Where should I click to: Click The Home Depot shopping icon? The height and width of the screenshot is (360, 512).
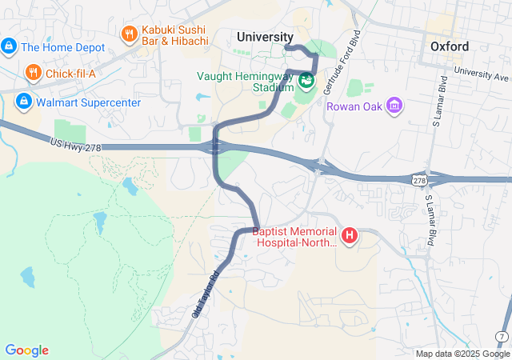9,46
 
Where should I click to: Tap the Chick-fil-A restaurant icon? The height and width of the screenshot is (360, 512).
33,74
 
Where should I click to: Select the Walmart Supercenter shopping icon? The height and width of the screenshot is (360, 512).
23,102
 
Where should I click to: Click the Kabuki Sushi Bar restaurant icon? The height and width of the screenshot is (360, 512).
129,34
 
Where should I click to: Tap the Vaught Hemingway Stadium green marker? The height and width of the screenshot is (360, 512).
306,81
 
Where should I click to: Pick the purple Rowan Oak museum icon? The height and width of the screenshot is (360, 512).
394,106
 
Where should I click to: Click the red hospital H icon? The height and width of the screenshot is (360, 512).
350,236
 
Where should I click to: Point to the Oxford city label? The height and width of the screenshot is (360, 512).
449,46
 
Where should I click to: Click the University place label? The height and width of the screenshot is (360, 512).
265,37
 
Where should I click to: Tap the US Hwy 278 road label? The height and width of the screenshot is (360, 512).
76,142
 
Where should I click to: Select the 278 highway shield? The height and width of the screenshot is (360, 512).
419,182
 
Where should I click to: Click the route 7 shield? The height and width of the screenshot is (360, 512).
501,335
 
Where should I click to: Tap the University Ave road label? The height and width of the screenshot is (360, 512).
481,74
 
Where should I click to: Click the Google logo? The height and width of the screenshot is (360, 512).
26,350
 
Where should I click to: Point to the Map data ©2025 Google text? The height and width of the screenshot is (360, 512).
462,354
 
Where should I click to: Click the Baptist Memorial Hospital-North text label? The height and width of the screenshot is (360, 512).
294,238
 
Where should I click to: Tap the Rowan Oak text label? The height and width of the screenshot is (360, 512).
354,106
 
